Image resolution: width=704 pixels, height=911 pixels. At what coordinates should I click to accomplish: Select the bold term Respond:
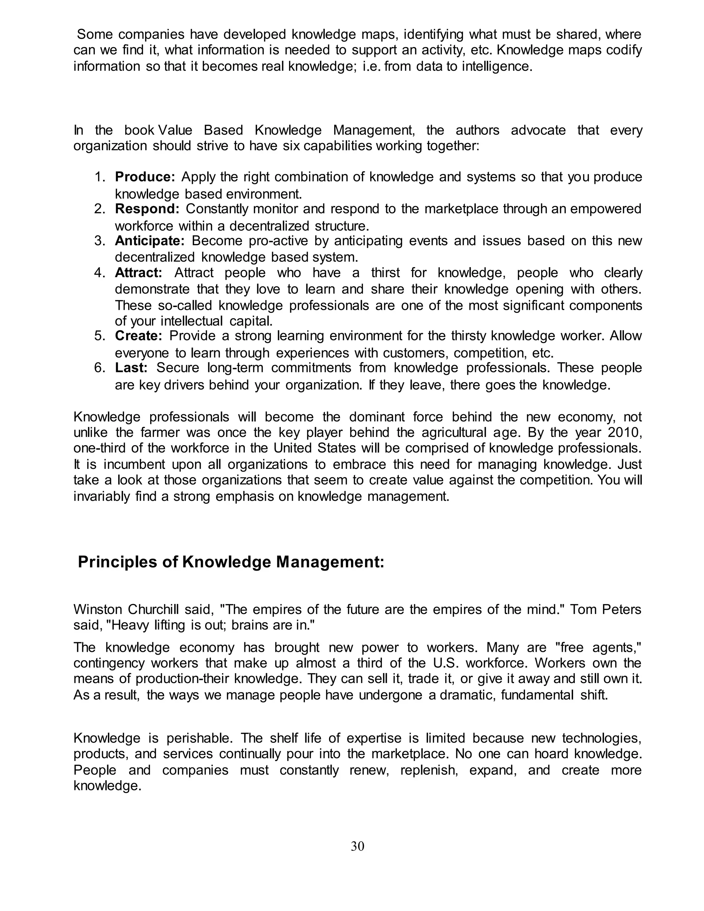click(147, 209)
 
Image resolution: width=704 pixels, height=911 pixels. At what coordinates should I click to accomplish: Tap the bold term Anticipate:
click(149, 241)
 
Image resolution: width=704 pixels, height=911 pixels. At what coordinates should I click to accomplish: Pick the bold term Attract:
click(139, 273)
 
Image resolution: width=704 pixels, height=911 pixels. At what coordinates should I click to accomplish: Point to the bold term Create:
click(139, 336)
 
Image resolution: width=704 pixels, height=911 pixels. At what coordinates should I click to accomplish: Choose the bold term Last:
click(131, 368)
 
